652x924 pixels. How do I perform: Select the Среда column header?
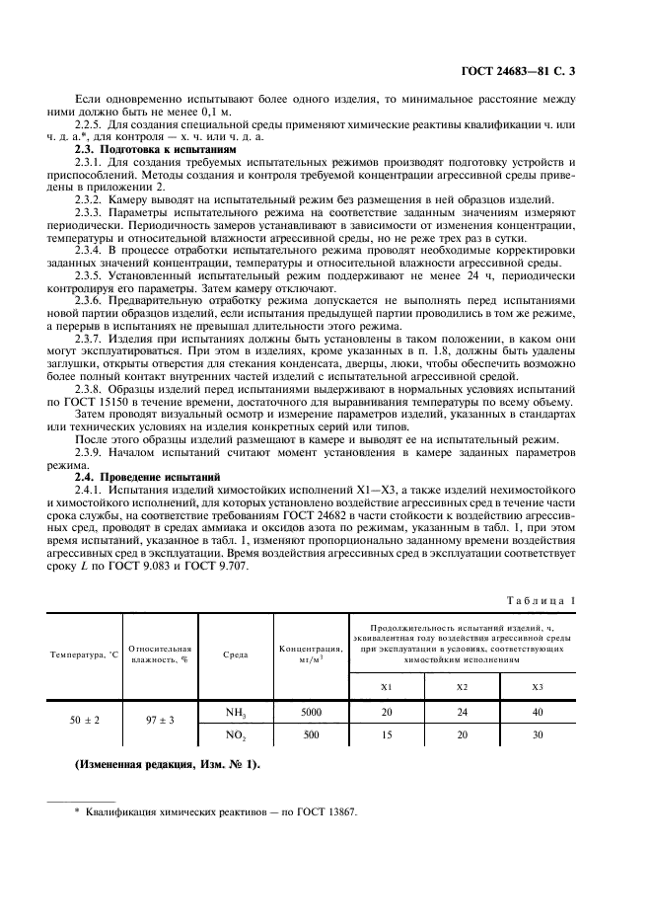click(x=236, y=655)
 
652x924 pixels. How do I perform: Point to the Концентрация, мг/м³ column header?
click(x=310, y=655)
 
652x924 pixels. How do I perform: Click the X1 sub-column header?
click(x=387, y=686)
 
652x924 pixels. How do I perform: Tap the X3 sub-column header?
click(x=537, y=686)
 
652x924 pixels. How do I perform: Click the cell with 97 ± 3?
click(x=159, y=722)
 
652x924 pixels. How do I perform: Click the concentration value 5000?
click(x=310, y=711)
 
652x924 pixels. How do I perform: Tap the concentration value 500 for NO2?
click(x=310, y=734)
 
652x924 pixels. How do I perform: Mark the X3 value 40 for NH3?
click(x=537, y=711)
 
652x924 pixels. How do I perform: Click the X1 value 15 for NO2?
click(x=387, y=734)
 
